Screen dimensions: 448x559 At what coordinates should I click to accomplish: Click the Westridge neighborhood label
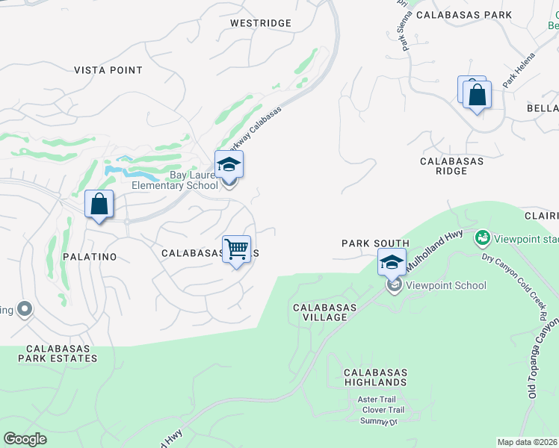coord(260,23)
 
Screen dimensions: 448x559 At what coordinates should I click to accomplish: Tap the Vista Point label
coord(108,70)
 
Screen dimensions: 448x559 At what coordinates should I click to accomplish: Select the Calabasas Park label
coord(463,14)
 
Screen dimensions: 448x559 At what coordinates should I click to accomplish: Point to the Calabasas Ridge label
coord(451,166)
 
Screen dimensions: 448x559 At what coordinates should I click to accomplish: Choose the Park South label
coord(375,243)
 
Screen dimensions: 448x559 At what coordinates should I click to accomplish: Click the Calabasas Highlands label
coord(375,377)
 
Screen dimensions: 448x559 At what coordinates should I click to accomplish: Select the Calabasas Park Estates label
coord(61,353)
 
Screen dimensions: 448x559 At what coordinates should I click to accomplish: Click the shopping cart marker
coord(236,249)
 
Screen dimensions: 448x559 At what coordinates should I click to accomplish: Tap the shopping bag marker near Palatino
coord(99,204)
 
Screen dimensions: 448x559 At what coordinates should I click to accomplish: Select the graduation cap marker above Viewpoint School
coord(392,263)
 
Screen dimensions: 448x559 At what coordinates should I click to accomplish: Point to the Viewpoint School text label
coord(447,285)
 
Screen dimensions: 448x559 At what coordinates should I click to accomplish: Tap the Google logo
coord(25,439)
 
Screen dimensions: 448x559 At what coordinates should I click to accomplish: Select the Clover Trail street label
coord(383,410)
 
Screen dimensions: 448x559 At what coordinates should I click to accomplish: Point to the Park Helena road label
coord(519,72)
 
